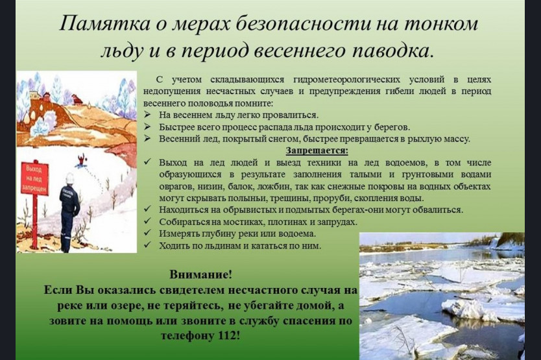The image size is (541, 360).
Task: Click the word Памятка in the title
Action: click(x=104, y=24)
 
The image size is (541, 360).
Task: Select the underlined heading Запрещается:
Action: click(x=317, y=151)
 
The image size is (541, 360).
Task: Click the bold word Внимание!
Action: click(x=201, y=275)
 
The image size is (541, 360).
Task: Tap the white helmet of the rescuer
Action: click(x=69, y=178)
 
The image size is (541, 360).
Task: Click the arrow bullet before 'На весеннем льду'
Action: click(x=148, y=115)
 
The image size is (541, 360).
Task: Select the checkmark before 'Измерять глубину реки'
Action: click(x=148, y=233)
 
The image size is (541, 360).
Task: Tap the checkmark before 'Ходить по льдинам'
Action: click(x=148, y=245)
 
